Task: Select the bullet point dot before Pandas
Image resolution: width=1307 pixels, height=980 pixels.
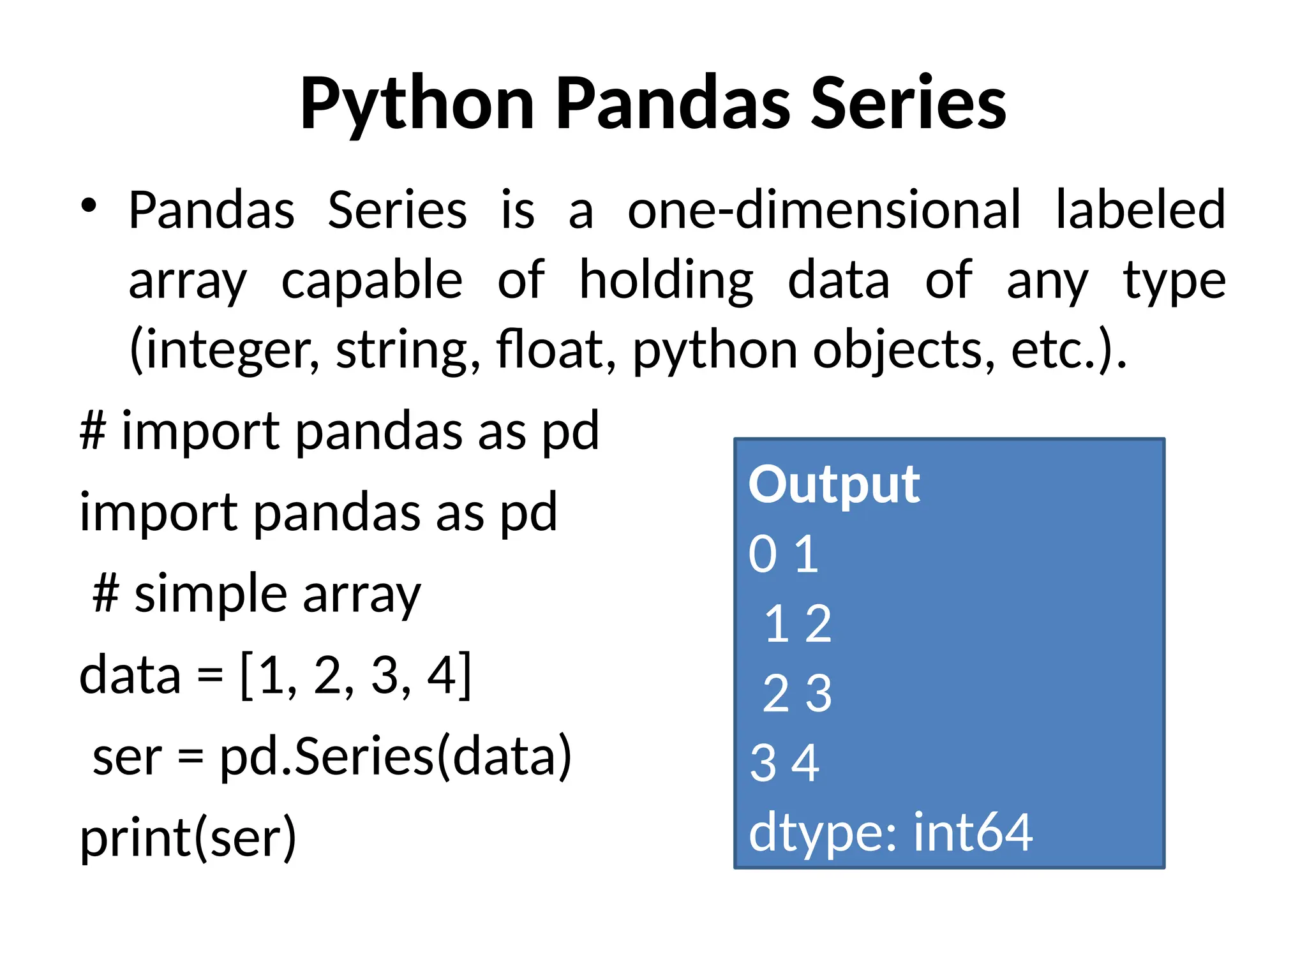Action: [x=89, y=205]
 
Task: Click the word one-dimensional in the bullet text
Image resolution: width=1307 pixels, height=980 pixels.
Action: [x=824, y=210]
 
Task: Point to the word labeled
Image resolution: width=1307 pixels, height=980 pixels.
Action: [x=1140, y=210]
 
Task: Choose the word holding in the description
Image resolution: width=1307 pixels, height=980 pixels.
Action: [x=666, y=281]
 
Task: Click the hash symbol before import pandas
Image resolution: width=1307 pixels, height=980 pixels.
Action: [x=93, y=431]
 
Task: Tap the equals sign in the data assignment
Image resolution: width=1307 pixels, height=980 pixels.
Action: [x=210, y=675]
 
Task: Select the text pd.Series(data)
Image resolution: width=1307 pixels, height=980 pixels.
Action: [x=396, y=757]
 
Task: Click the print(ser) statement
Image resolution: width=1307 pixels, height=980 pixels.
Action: [x=188, y=838]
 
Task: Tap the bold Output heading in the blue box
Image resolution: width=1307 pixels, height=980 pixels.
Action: [x=834, y=485]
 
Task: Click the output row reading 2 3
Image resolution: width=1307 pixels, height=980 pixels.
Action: [x=797, y=694]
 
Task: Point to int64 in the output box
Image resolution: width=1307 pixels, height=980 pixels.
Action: [x=973, y=833]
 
